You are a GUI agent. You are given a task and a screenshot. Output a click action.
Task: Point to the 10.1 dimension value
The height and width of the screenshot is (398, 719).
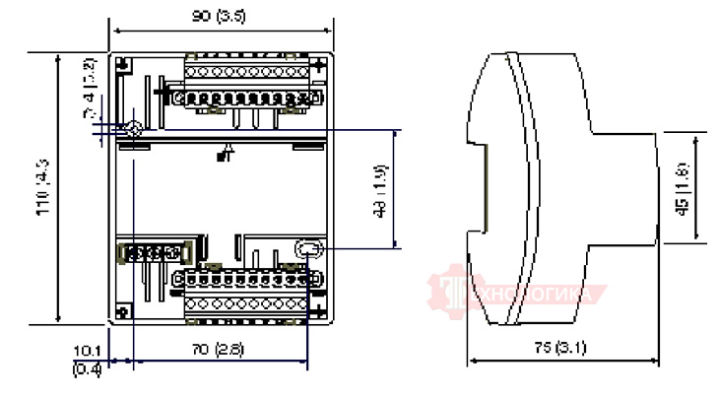[88, 350]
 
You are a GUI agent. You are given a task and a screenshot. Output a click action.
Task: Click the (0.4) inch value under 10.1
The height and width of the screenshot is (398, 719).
[88, 368]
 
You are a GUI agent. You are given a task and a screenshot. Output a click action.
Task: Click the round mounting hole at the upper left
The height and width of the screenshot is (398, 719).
[133, 129]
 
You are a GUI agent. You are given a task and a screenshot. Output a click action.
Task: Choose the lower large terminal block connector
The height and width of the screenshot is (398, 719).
[246, 293]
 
